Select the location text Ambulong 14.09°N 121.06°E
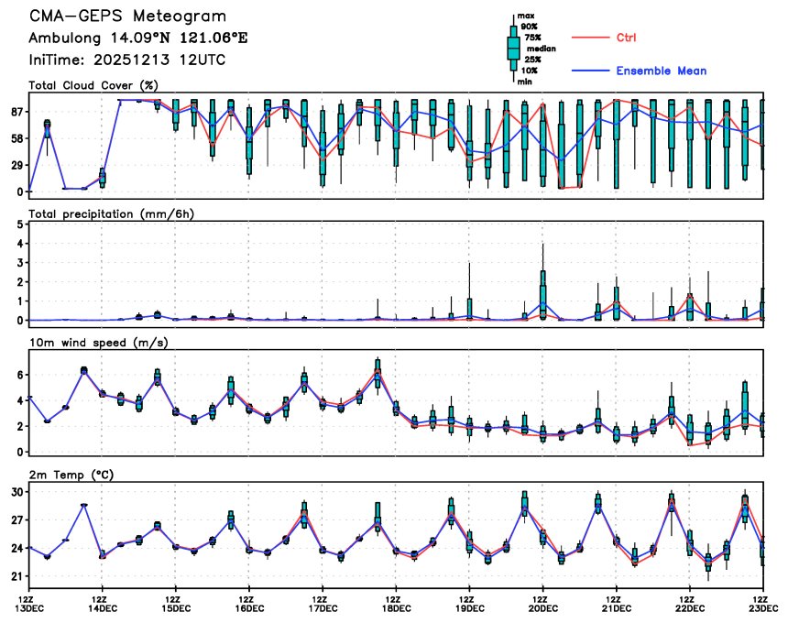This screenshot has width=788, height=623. pos(137,38)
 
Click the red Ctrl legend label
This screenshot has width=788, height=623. pos(626,37)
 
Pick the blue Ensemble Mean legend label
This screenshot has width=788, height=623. pos(661,71)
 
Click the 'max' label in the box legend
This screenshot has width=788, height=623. pos(526,16)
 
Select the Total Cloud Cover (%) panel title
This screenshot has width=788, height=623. pos(93,85)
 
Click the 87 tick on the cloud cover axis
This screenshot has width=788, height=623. pos(16,112)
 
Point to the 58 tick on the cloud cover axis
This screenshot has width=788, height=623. pos(16,138)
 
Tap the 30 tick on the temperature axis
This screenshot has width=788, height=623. pos(16,492)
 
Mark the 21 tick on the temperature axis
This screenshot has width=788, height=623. pos(16,576)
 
